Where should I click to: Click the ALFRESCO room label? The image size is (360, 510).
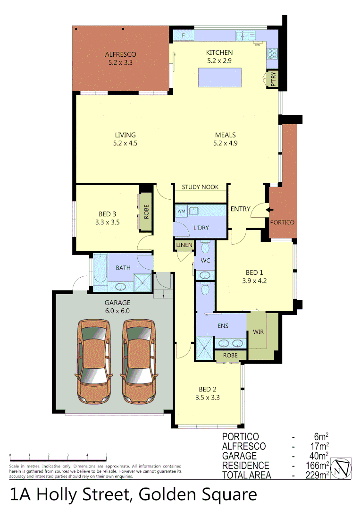pos(120,54)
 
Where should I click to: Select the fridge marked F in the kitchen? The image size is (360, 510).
pos(183,35)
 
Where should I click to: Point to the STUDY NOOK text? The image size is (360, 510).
pos(200,187)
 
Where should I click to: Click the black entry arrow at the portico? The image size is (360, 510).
pos(269,210)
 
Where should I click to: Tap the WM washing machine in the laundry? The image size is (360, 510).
pos(181,211)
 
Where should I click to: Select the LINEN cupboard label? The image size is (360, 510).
pos(184,245)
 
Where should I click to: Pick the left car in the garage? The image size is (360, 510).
pos(94,361)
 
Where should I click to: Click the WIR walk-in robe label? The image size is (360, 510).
pos(258,332)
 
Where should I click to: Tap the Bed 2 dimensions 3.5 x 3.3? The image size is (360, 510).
pos(208,397)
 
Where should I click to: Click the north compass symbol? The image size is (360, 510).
pos(341,469)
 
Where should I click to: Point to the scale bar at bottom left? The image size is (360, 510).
pos(58,458)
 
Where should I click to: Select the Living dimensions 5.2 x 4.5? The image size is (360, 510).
pos(125,143)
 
